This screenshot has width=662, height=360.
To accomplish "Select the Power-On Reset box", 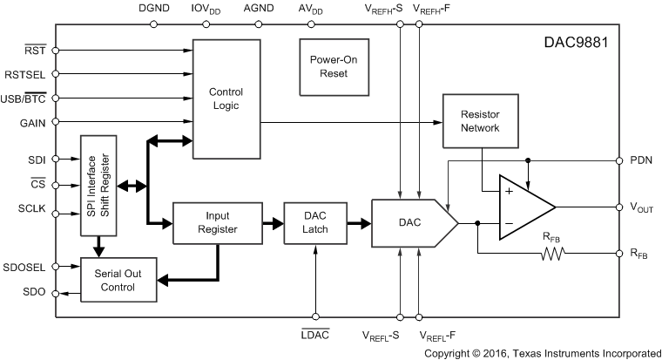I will point(327,66).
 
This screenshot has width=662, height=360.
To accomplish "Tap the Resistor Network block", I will point(480,120).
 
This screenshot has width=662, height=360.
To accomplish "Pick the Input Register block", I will point(218,222).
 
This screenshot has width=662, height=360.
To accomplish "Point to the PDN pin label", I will point(640,160).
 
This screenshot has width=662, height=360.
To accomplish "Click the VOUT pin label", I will point(641,208).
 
